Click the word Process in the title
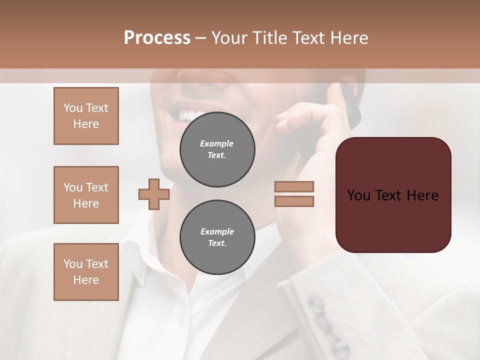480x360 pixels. [157, 37]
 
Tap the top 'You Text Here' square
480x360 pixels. [86, 116]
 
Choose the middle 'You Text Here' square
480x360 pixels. [86, 195]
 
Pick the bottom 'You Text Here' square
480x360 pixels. [86, 271]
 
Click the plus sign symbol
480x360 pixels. [154, 194]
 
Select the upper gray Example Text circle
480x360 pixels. [217, 149]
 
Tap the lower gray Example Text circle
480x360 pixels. [217, 237]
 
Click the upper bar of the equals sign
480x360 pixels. [294, 186]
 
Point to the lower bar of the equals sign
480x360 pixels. [294, 201]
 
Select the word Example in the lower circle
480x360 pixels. [217, 231]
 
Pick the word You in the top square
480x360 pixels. [72, 108]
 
